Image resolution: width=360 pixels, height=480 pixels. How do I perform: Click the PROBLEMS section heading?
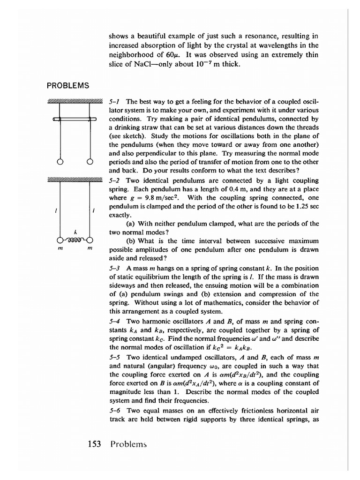click(x=67, y=85)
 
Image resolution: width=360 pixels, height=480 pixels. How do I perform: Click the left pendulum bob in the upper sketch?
click(x=60, y=162)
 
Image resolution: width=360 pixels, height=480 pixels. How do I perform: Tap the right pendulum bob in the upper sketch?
click(x=89, y=162)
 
